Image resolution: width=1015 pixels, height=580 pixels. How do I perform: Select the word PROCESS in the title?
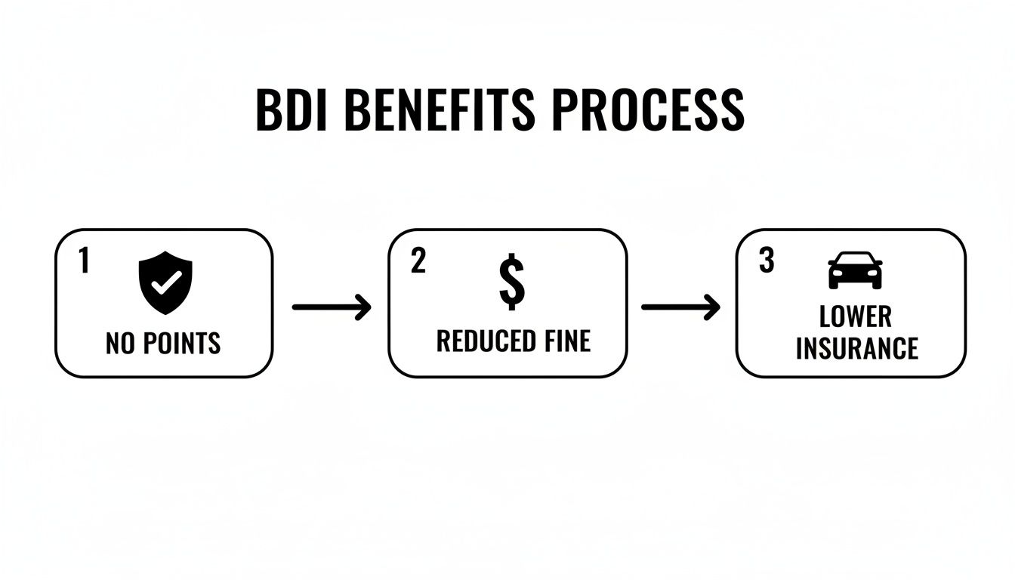[x=647, y=110]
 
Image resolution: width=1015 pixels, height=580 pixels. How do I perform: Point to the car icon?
[x=855, y=270]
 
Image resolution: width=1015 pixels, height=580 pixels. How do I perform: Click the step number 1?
[x=84, y=261]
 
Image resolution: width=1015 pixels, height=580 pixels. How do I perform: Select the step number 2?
[x=418, y=261]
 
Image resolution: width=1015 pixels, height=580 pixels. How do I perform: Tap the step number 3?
[x=767, y=261]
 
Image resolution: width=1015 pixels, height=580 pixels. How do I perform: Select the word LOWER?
[x=855, y=316]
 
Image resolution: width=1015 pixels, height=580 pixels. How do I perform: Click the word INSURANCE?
[x=856, y=349]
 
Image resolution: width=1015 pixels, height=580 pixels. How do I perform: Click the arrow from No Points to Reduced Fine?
[x=331, y=307]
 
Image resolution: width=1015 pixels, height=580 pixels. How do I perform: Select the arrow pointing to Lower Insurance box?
[x=680, y=307]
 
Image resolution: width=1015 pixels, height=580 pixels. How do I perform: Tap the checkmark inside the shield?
[x=165, y=282]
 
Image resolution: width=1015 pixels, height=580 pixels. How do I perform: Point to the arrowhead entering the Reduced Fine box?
[x=364, y=307]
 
